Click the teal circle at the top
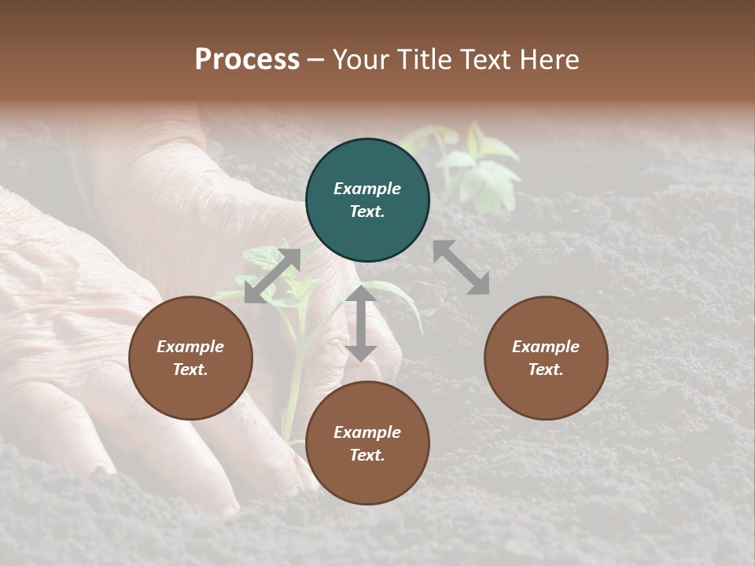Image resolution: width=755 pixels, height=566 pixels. tap(367, 200)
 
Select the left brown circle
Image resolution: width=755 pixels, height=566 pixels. tap(190, 358)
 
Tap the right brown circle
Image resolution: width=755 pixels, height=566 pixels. tap(546, 358)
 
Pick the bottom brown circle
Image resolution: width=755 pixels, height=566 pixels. tap(367, 443)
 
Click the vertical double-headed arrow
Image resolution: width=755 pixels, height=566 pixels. tap(361, 323)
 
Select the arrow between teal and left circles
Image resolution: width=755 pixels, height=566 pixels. tap(272, 276)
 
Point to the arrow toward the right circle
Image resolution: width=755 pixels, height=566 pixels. tap(462, 267)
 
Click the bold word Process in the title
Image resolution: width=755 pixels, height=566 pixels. tap(247, 59)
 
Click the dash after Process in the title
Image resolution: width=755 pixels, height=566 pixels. tap(315, 60)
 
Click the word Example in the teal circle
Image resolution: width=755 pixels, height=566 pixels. tap(367, 189)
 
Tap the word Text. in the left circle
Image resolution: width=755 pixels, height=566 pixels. tap(190, 369)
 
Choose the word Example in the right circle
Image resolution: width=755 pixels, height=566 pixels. tap(546, 347)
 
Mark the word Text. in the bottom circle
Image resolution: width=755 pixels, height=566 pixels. tap(367, 455)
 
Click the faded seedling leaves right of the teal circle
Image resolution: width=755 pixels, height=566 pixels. tap(480, 169)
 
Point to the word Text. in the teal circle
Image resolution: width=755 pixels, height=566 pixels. tap(367, 211)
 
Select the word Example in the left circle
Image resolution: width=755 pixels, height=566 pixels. tap(190, 347)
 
